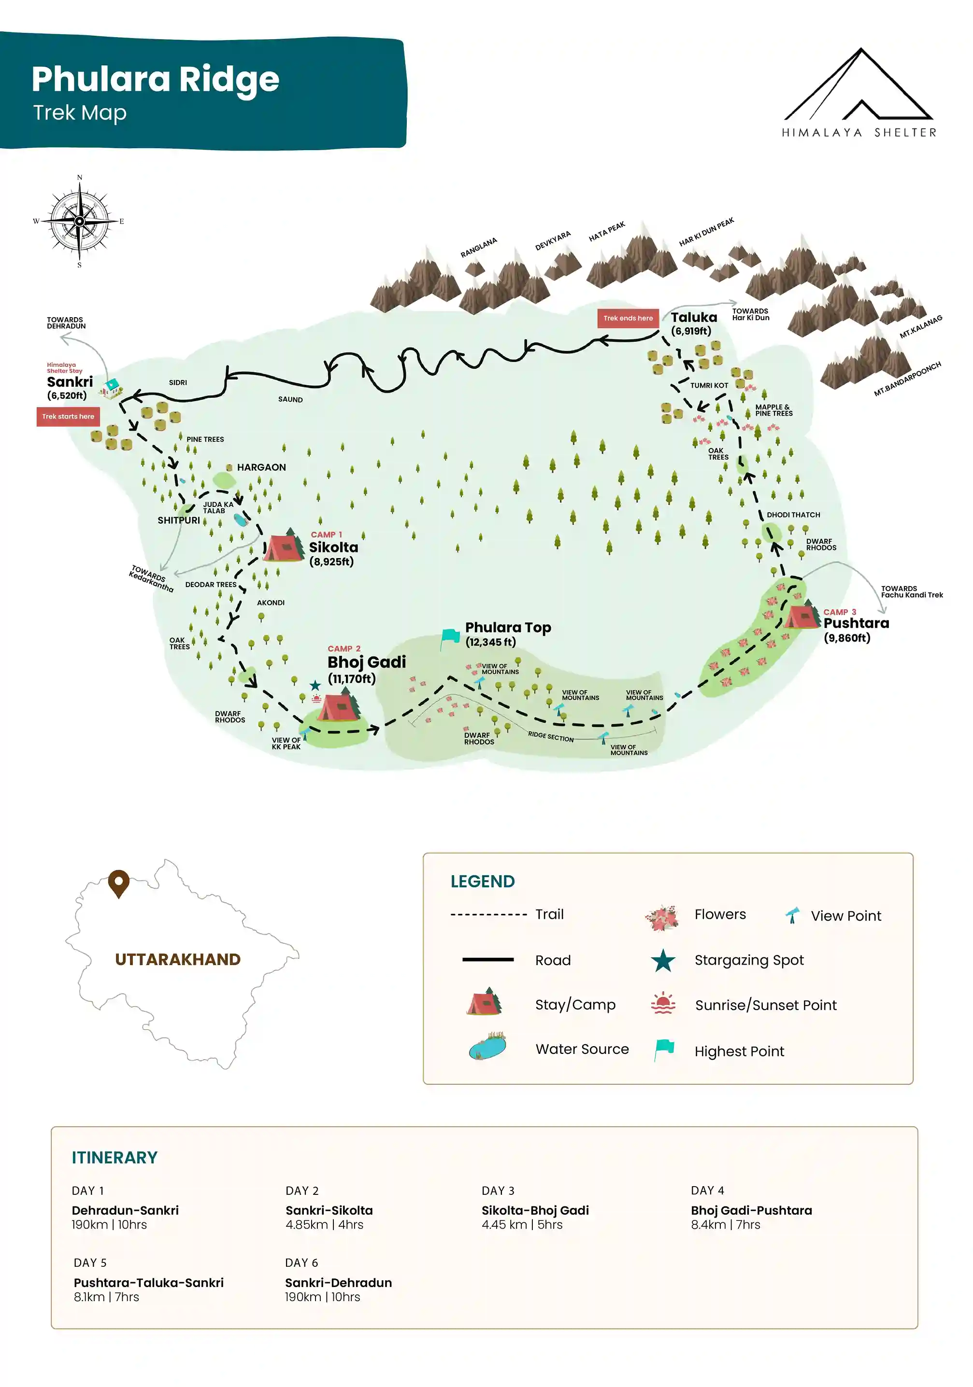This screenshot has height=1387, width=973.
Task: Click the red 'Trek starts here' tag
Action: tap(68, 416)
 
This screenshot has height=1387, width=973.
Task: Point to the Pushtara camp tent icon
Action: tap(801, 615)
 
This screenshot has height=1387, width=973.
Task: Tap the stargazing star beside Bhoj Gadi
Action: tap(315, 685)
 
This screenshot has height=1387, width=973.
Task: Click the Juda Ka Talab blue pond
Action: tap(241, 519)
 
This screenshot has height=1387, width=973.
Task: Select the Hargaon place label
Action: tap(261, 467)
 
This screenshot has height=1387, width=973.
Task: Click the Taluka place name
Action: tap(693, 317)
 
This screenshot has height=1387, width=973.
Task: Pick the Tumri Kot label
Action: tap(708, 385)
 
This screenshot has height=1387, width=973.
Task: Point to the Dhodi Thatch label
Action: tap(793, 515)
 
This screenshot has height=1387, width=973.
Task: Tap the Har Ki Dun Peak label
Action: tap(706, 232)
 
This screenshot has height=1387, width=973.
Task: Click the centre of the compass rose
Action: tap(79, 221)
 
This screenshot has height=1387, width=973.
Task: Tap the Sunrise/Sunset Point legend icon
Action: tap(663, 1003)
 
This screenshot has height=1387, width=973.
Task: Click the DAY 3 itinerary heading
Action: tap(498, 1190)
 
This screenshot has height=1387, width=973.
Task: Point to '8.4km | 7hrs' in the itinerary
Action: tap(725, 1224)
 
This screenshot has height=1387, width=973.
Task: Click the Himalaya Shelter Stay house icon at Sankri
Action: tap(111, 388)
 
